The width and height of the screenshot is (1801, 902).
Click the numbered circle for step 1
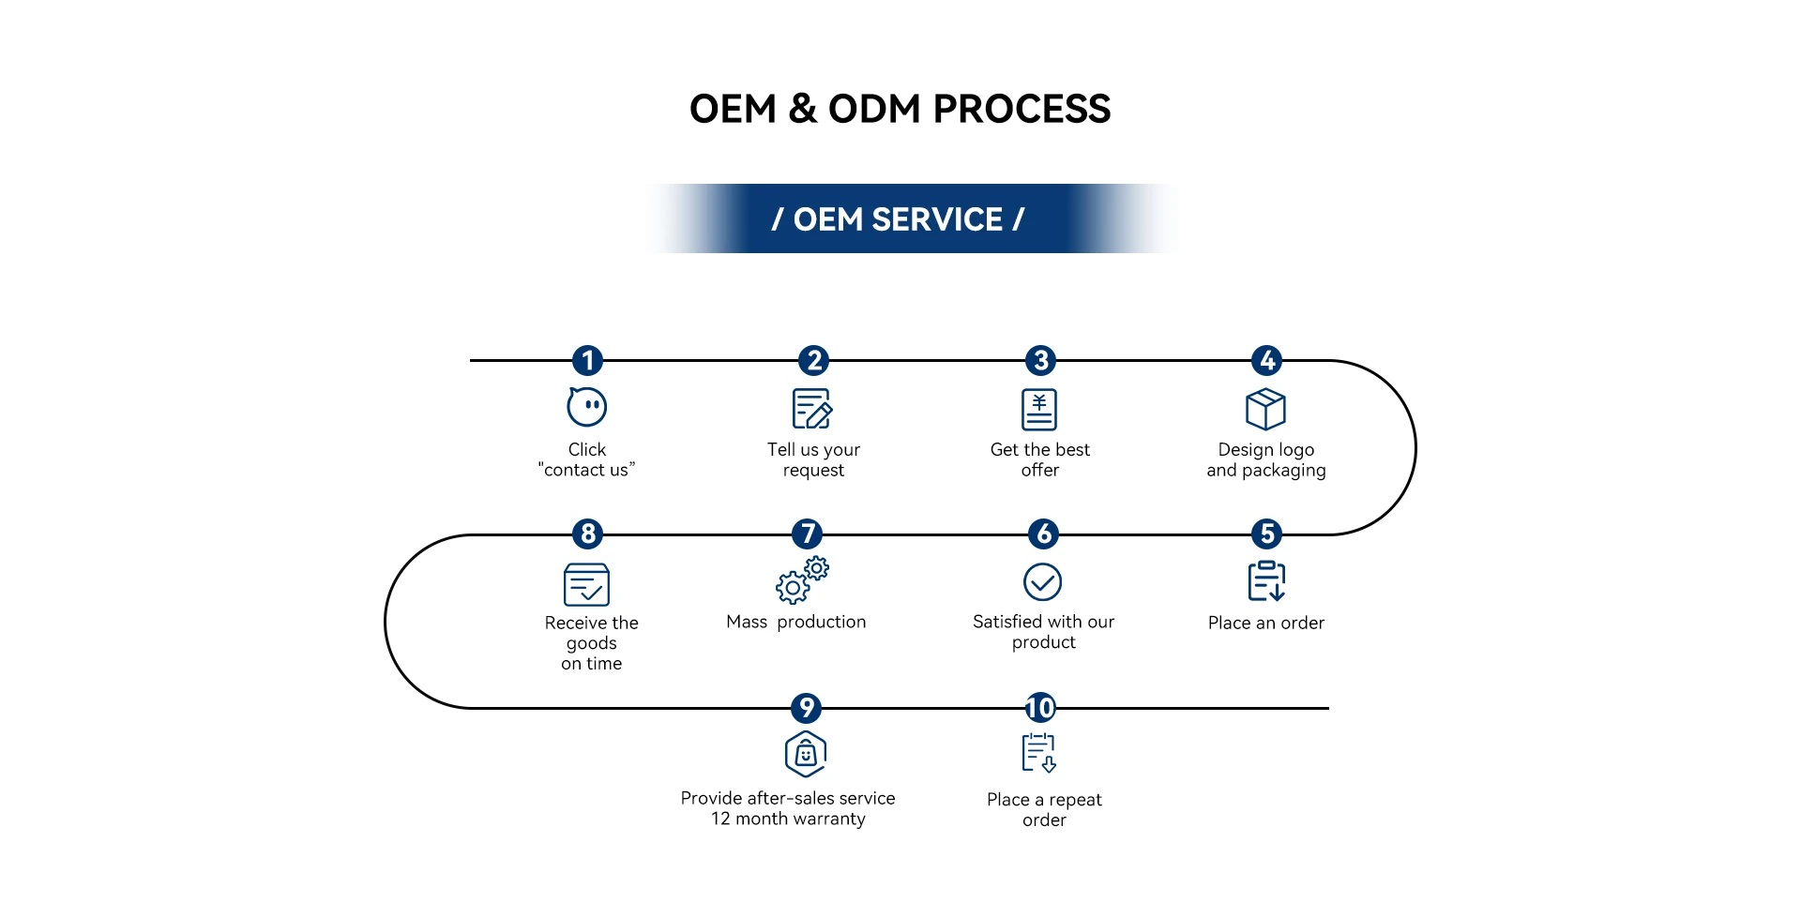587,360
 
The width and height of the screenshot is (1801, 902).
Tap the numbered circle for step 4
1267,360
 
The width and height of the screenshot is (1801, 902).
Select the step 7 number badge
807,534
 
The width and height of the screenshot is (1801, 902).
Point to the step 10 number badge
1040,707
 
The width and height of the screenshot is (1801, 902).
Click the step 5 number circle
1267,534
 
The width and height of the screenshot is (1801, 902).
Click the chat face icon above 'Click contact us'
587,407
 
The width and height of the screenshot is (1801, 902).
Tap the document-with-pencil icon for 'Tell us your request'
812,409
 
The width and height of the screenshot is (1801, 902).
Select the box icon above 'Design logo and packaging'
1265,409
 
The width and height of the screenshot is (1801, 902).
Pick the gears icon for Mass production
802,580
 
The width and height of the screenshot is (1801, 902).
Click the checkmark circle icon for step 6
1042,582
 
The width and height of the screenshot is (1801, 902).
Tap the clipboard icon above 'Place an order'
1266,581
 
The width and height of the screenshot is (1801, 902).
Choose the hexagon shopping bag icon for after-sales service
806,754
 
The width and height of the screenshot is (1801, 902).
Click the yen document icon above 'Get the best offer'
1039,409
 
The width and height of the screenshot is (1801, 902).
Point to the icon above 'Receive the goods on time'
587,585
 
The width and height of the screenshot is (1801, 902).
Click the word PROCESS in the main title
1022,109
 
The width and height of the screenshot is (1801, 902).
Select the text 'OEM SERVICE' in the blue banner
898,219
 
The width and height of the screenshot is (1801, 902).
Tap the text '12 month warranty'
788,819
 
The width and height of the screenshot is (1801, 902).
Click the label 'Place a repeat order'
1044,809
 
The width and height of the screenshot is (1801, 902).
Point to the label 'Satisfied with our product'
1043,632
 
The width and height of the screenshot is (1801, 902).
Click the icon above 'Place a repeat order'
1039,753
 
